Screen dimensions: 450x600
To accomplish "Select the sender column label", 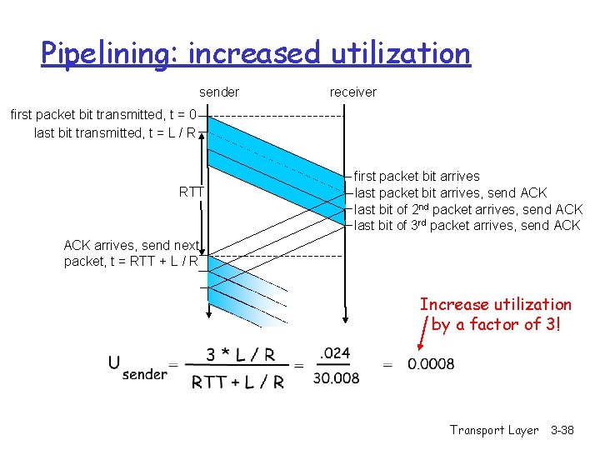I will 219,92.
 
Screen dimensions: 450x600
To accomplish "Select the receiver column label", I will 352,92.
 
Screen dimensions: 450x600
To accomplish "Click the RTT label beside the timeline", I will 192,192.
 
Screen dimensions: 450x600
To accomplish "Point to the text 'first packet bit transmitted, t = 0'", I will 103,115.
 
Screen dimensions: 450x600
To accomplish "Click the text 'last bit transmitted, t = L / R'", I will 115,132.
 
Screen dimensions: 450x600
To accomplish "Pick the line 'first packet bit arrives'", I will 417,177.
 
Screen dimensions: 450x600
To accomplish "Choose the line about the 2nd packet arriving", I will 468,209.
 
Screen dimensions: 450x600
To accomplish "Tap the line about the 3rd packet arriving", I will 467,225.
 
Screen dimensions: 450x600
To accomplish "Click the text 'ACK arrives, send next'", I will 132,245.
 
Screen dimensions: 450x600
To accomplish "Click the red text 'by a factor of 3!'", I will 497,324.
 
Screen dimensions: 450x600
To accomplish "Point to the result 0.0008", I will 431,364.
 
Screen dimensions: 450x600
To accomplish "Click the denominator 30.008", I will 337,379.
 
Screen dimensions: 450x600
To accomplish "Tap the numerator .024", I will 335,353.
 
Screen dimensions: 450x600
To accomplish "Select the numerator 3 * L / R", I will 240,355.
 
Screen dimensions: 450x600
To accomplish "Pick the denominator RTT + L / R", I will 238,382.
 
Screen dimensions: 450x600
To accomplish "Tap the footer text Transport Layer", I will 494,430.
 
